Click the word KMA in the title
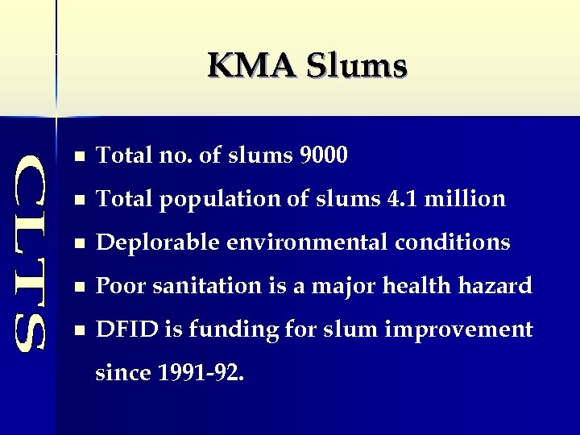pyautogui.click(x=251, y=66)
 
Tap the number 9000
pyautogui.click(x=323, y=155)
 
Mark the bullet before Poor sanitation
pyautogui.click(x=77, y=286)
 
